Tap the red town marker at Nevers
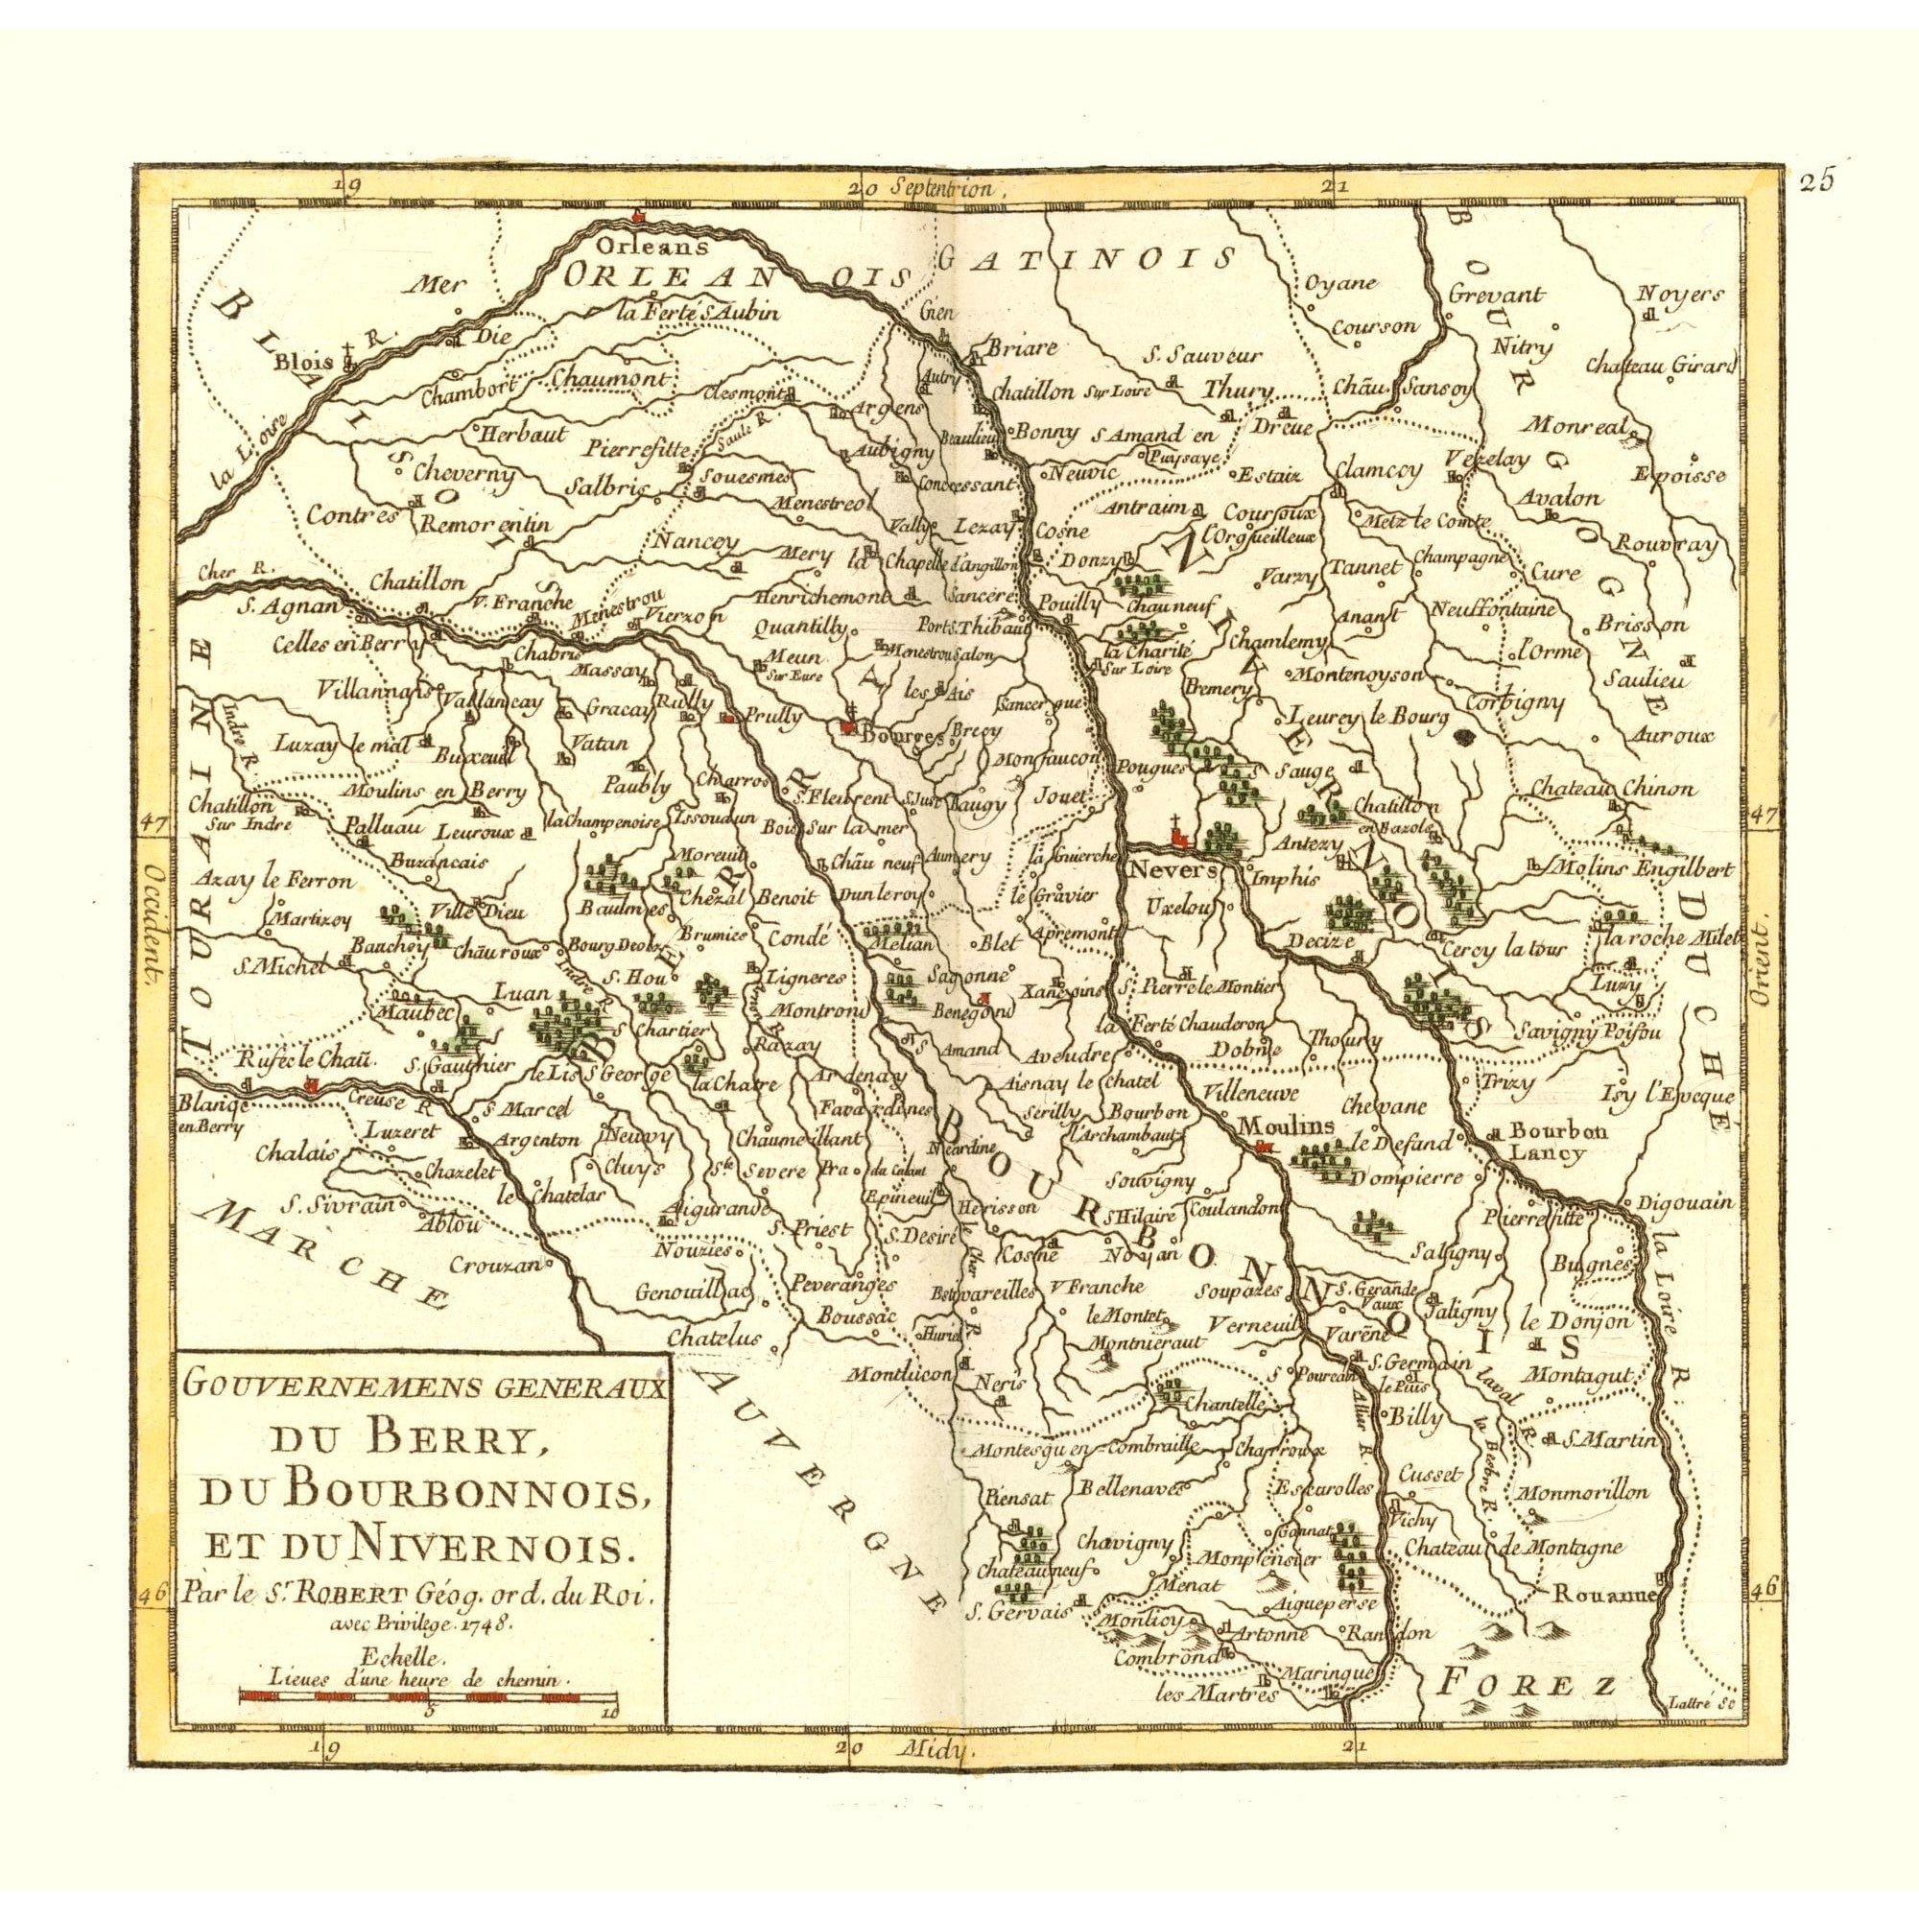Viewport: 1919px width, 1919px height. pos(1179,841)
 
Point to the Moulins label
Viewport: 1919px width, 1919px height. pos(1280,1125)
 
